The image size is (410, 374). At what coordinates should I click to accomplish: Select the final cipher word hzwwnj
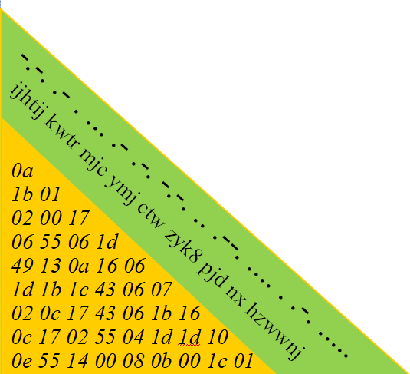(274, 329)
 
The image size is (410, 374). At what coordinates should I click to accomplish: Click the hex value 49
(22, 265)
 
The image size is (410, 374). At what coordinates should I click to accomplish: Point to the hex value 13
(51, 265)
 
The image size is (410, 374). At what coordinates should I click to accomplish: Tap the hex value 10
(218, 337)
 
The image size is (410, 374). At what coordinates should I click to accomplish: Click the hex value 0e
(22, 361)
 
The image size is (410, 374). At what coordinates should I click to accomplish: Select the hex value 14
(77, 361)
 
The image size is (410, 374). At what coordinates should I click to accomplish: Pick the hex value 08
(133, 361)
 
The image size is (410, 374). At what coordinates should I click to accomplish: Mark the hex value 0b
(162, 361)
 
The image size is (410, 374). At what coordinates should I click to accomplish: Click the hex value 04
(133, 337)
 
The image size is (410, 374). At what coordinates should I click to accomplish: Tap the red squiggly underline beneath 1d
(189, 345)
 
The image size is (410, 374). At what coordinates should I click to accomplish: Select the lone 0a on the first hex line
(22, 170)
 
